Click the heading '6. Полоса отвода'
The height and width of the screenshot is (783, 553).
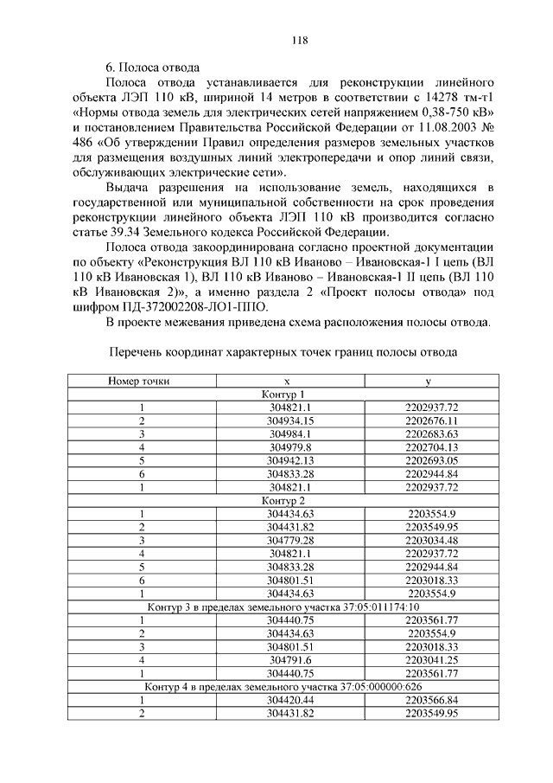click(x=152, y=66)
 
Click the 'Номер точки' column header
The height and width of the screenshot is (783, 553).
click(x=138, y=381)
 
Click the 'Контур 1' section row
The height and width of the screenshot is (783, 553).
click(x=284, y=395)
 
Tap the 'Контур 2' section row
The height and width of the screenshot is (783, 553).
click(x=284, y=500)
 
